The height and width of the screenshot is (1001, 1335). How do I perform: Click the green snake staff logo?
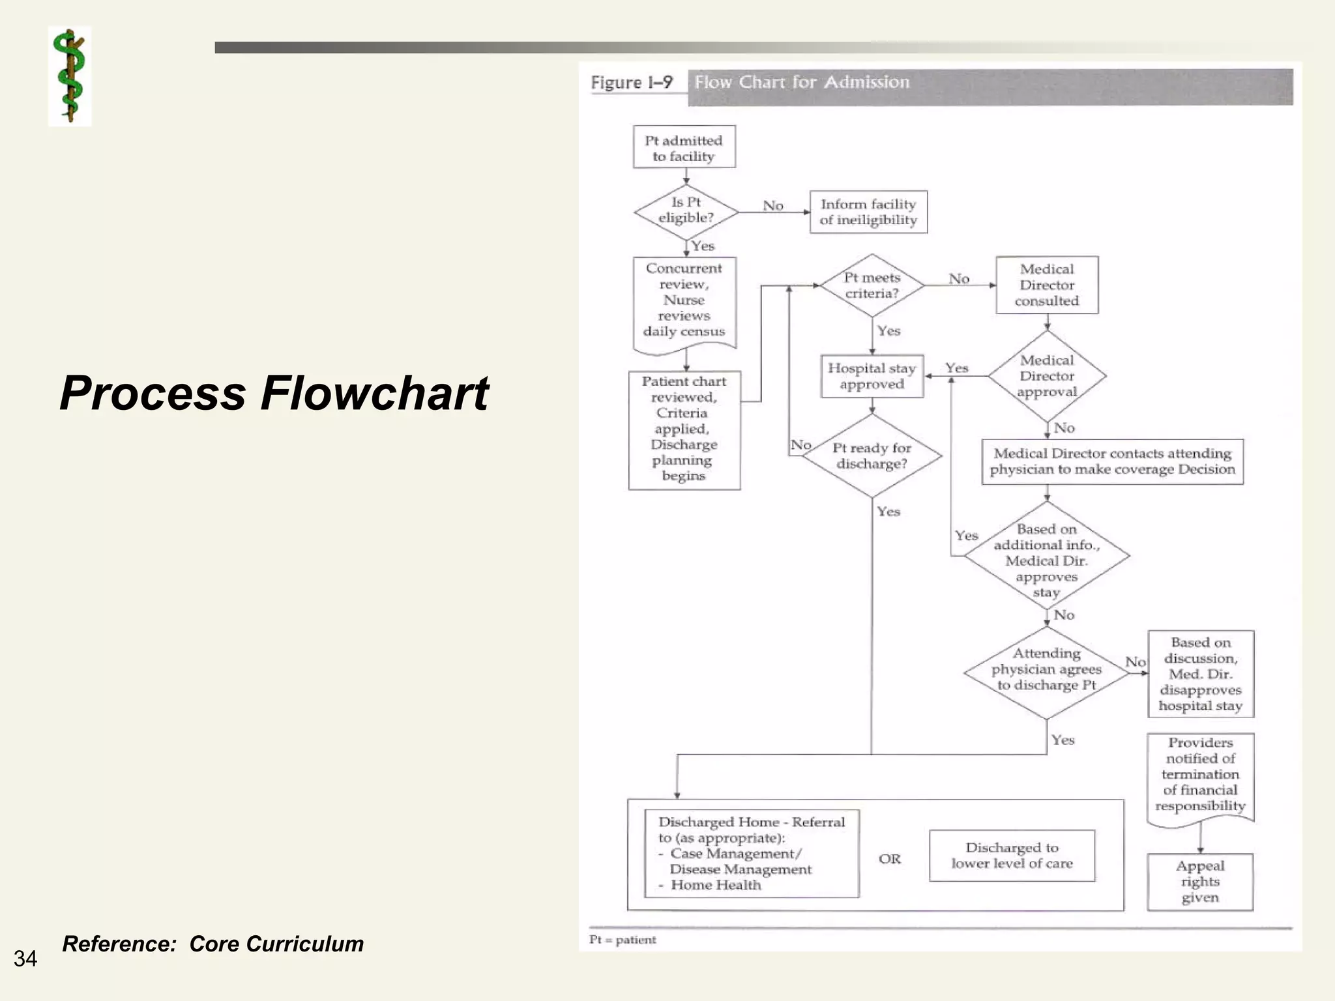click(x=70, y=76)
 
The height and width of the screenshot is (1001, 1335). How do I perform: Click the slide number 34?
click(x=25, y=959)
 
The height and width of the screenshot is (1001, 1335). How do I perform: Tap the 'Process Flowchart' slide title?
click(x=274, y=393)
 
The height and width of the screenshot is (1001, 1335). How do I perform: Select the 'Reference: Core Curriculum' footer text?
click(x=213, y=944)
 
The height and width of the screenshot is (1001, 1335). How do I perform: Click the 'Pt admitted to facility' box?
click(x=684, y=148)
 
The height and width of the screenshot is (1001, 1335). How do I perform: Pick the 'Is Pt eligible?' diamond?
click(x=686, y=211)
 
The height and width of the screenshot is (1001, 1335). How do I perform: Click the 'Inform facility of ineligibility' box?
click(x=868, y=212)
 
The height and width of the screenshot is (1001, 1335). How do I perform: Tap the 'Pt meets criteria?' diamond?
click(x=872, y=285)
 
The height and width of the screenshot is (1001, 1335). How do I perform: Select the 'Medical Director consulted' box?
click(x=1047, y=285)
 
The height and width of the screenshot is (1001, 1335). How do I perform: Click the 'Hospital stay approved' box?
click(x=872, y=376)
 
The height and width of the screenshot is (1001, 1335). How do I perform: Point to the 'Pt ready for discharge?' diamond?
click(x=872, y=456)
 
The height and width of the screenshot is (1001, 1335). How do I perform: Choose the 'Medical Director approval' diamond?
click(x=1047, y=376)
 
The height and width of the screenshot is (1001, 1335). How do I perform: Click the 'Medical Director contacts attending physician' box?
click(x=1112, y=461)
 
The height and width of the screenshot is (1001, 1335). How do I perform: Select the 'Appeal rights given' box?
click(x=1200, y=882)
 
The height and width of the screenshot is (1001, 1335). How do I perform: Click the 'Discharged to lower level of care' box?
click(x=1012, y=856)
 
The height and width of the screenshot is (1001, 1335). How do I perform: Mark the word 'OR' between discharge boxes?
click(x=890, y=859)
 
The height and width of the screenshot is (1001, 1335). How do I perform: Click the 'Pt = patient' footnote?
click(x=623, y=940)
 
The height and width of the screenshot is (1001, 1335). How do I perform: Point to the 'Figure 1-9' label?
click(x=632, y=83)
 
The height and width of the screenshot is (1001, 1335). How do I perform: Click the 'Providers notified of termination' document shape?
click(x=1200, y=776)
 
